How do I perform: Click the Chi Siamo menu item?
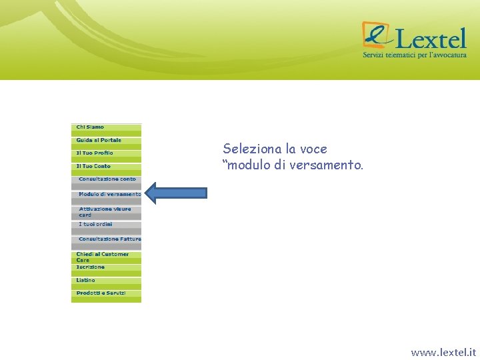pyautogui.click(x=90, y=127)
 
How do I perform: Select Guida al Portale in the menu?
pyautogui.click(x=99, y=140)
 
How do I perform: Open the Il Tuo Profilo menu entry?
pyautogui.click(x=95, y=153)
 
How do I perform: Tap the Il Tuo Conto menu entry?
pyautogui.click(x=93, y=166)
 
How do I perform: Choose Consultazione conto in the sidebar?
pyautogui.click(x=107, y=179)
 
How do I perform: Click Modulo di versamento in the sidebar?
pyautogui.click(x=109, y=194)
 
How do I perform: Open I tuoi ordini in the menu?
pyautogui.click(x=95, y=225)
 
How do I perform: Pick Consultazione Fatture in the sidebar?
pyautogui.click(x=109, y=239)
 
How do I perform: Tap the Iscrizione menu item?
pyautogui.click(x=90, y=267)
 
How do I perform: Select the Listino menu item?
pyautogui.click(x=85, y=281)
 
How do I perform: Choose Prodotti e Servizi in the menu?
pyautogui.click(x=101, y=293)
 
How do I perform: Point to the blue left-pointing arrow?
pyautogui.click(x=176, y=193)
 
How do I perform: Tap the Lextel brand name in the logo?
pyautogui.click(x=429, y=37)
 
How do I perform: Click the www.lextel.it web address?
pyautogui.click(x=443, y=352)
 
